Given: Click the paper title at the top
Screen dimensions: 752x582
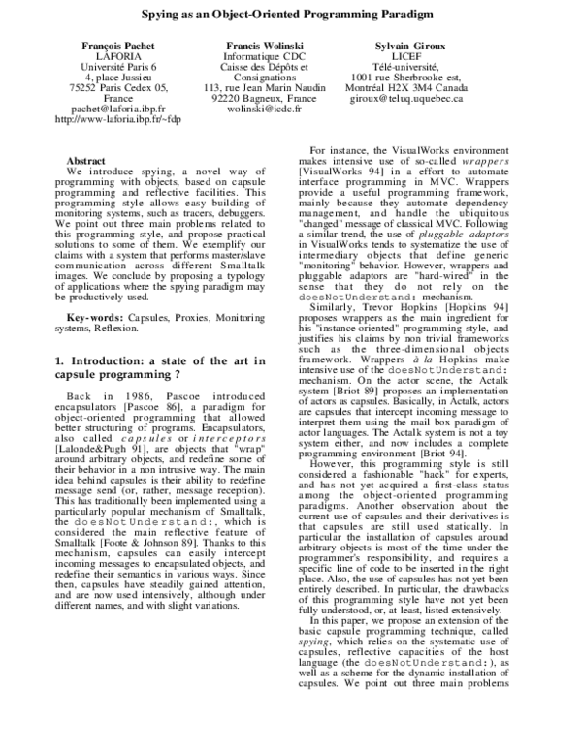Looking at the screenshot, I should click(290, 16).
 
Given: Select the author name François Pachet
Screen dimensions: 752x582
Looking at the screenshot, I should click(118, 47).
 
